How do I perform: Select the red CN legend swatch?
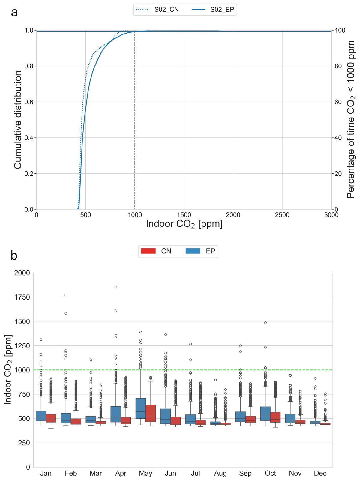pyautogui.click(x=148, y=251)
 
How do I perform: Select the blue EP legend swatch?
pyautogui.click(x=193, y=251)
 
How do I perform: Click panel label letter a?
pyautogui.click(x=14, y=13)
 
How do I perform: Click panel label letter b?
pyautogui.click(x=14, y=255)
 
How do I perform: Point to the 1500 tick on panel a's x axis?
pyautogui.click(x=184, y=215)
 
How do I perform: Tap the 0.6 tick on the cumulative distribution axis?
pyautogui.click(x=30, y=102)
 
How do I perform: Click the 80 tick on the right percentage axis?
pyautogui.click(x=338, y=66)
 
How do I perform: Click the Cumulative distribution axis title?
pyautogui.click(x=18, y=120)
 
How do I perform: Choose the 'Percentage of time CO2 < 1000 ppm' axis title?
pyautogui.click(x=351, y=120)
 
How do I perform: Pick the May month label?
pyautogui.click(x=145, y=473)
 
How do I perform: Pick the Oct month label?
pyautogui.click(x=270, y=473)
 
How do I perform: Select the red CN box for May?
pyautogui.click(x=151, y=413)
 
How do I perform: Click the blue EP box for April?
pyautogui.click(x=116, y=414)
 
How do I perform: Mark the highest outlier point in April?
pyautogui.click(x=116, y=287)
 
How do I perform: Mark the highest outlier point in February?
pyautogui.click(x=66, y=295)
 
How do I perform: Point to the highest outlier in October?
pyautogui.click(x=265, y=323)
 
